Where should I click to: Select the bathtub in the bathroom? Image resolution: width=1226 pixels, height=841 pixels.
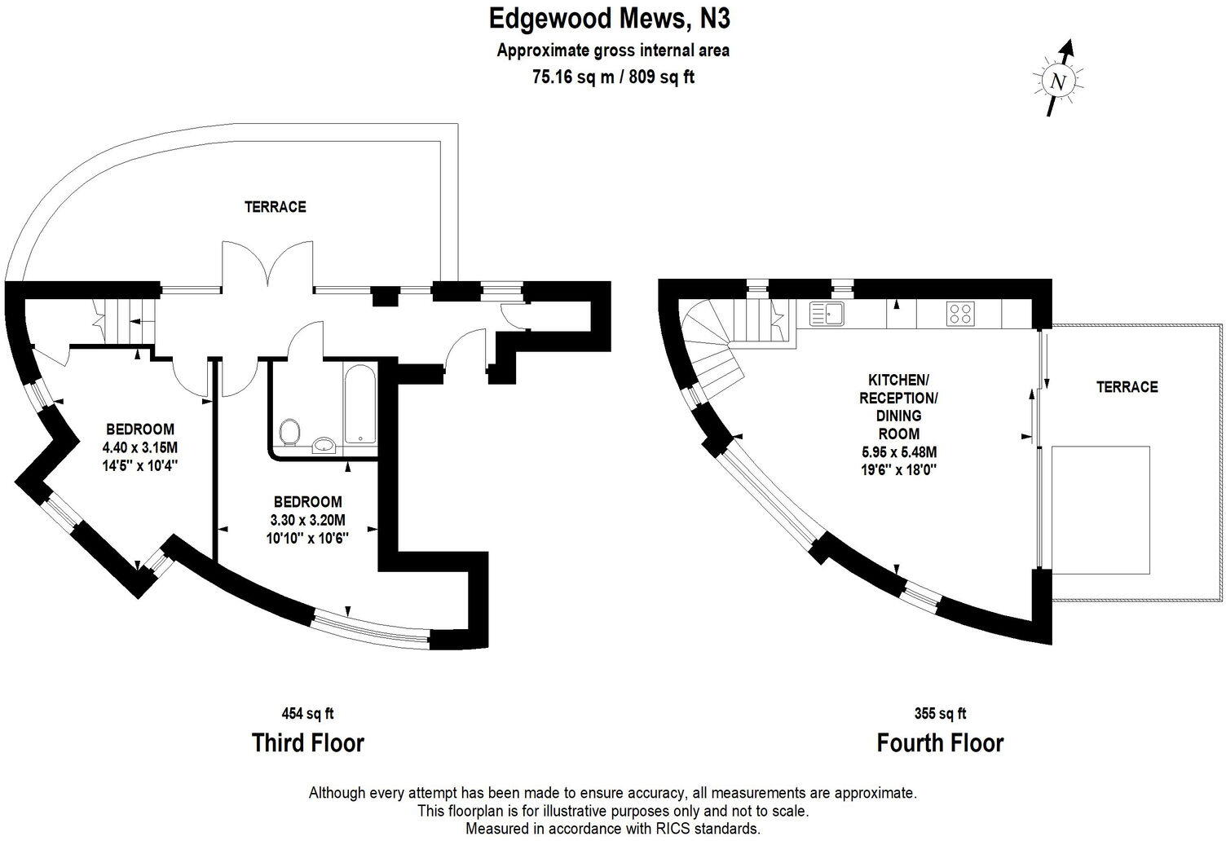(359, 403)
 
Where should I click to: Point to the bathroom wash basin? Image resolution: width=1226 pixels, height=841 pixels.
(324, 443)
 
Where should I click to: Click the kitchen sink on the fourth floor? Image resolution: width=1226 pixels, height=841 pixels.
(829, 314)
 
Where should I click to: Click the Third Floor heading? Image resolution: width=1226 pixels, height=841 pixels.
(307, 742)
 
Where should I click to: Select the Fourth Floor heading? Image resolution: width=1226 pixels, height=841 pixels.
(940, 742)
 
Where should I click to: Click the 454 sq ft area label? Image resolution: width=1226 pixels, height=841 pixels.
(307, 714)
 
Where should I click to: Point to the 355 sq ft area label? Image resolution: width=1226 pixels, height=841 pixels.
(940, 714)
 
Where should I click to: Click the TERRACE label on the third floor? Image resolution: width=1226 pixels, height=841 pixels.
(276, 207)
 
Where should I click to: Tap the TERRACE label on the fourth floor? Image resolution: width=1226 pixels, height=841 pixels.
(1127, 387)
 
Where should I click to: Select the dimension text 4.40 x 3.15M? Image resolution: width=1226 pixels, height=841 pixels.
(140, 447)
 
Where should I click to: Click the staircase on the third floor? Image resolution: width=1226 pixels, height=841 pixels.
(122, 322)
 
